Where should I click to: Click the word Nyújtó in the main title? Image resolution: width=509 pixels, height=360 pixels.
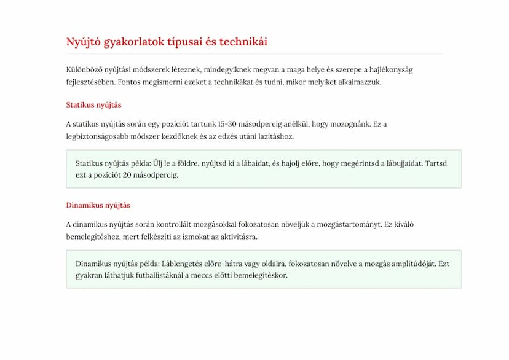83,42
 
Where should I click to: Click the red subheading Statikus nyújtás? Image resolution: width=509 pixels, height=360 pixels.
93,105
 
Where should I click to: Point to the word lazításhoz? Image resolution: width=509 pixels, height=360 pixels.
275,136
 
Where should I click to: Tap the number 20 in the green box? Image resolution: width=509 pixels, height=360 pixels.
127,175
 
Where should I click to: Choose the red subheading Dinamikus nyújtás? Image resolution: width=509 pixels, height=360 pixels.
98,205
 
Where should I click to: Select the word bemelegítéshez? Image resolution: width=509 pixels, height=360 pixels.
93,237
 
